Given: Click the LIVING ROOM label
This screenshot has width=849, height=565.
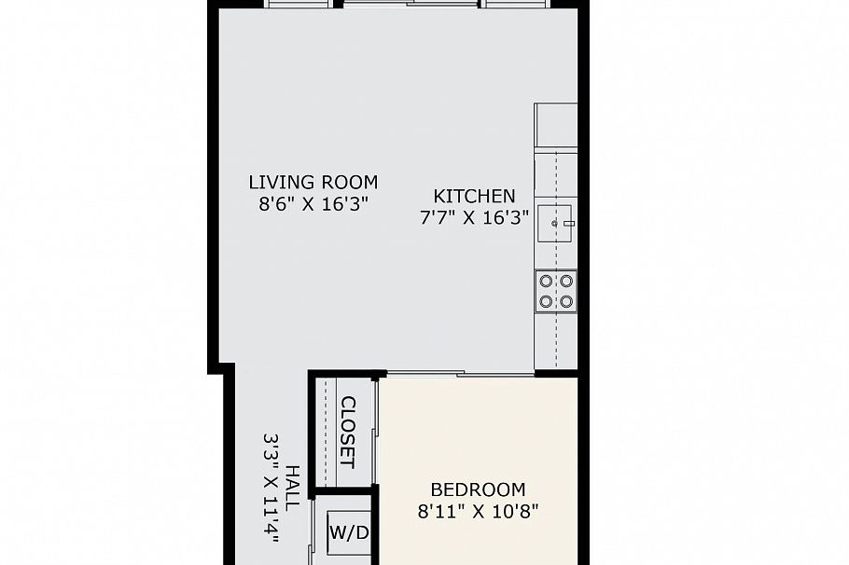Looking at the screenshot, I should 313,182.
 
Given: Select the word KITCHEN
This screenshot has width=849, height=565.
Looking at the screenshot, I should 474,196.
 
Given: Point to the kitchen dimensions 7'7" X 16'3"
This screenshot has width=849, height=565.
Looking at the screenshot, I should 474,218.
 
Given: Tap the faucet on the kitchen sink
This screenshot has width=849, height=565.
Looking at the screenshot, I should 566,223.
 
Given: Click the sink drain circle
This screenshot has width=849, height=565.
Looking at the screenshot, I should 554,223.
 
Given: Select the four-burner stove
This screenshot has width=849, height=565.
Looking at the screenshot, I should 556,290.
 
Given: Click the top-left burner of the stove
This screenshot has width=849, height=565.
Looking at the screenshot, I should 546,280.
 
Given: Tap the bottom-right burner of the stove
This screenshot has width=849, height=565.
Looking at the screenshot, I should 566,301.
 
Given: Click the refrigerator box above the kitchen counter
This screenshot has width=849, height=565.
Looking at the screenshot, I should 556,125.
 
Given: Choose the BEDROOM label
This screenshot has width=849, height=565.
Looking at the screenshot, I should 478,489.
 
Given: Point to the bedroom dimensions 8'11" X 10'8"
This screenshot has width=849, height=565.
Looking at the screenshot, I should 478,511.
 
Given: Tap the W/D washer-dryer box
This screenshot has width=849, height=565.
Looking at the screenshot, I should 348,533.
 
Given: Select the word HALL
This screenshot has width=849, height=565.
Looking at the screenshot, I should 292,487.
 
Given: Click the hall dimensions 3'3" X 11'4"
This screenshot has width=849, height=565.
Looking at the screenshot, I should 271,487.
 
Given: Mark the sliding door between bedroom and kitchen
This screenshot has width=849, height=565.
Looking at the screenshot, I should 461,375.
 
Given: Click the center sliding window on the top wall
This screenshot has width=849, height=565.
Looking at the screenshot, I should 410,5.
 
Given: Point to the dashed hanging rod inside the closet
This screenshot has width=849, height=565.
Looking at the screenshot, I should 324,433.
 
